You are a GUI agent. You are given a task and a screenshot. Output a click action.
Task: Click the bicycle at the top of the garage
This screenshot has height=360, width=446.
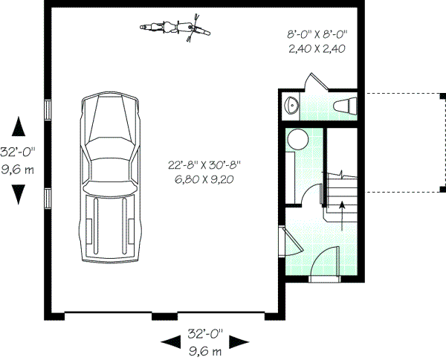(173, 28)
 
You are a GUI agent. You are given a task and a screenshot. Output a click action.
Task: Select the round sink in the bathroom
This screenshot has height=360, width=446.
(291, 105)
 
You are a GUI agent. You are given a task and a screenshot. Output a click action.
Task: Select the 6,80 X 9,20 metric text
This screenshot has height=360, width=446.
(204, 179)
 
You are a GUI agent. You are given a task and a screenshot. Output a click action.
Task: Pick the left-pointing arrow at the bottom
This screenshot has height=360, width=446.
(172, 341)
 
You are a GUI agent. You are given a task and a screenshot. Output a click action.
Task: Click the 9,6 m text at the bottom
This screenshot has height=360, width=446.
(206, 349)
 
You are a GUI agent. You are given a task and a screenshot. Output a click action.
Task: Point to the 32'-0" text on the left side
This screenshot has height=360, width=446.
(16, 152)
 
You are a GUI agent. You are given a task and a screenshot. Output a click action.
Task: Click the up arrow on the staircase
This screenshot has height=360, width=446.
(341, 217)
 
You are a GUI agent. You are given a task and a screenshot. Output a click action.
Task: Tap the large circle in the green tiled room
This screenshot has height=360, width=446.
(299, 139)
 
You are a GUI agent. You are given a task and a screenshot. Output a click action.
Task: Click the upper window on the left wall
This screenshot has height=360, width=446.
(48, 109)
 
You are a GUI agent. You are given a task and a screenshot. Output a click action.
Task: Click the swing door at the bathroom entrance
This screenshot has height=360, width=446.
(314, 82)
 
